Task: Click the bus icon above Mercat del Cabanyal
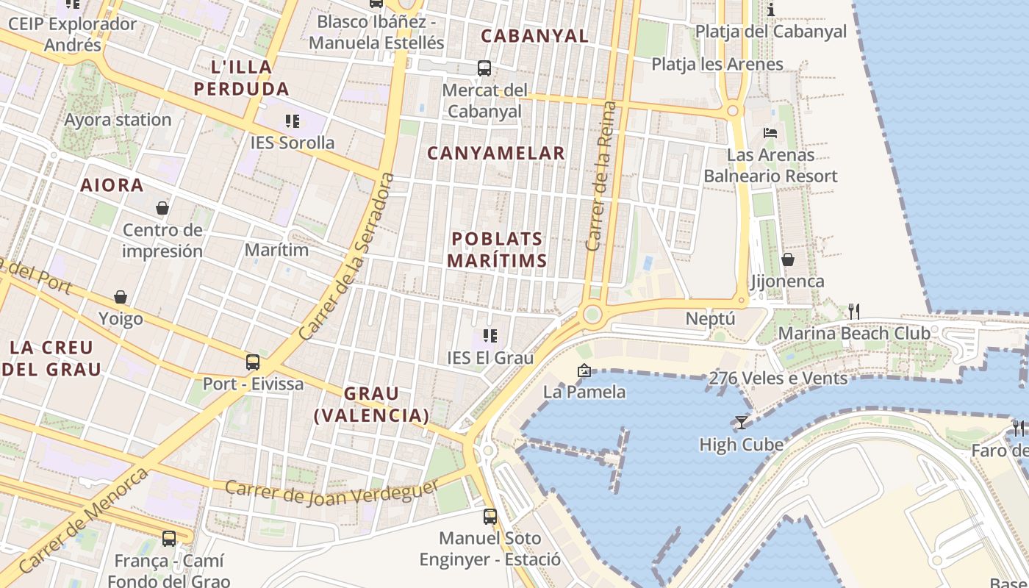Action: pos(484,68)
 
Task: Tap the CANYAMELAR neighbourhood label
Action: pos(496,153)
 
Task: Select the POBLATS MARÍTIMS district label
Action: pos(498,250)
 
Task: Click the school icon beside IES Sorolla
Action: pos(293,121)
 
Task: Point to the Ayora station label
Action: pos(118,120)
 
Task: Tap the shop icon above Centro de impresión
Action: pos(162,208)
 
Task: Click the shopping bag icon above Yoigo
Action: pos(121,297)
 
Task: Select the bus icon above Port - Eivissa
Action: pos(253,362)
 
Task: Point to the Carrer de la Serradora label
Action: pos(347,257)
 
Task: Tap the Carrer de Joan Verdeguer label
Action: pos(332,492)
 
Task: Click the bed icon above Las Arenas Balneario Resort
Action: pos(770,133)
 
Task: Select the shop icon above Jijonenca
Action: pos(787,259)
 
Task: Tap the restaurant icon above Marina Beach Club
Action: pos(853,311)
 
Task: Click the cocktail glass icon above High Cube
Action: pos(741,423)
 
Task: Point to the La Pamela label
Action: pos(584,392)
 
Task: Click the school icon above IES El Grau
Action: pos(490,336)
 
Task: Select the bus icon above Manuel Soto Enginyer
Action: pos(490,516)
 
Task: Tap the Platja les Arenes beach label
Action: pos(717,64)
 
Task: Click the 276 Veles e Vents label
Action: pos(778,379)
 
